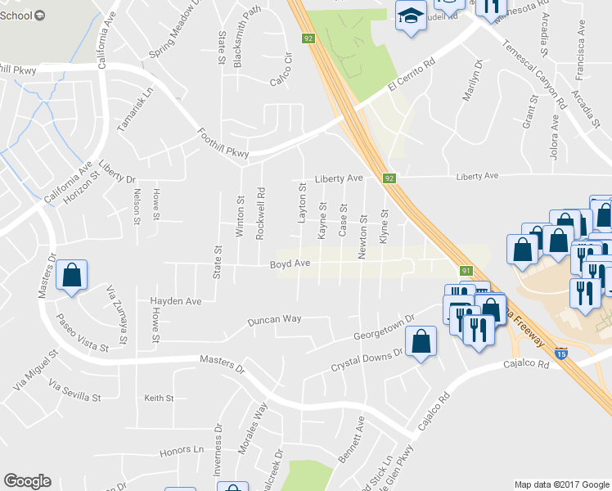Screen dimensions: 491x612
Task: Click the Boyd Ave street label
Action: (290, 264)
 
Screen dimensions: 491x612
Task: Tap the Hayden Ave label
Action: (175, 301)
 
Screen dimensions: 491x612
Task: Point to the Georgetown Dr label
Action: (380, 331)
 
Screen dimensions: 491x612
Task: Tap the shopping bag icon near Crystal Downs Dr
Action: (421, 344)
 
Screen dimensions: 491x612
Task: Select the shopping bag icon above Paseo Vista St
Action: (72, 277)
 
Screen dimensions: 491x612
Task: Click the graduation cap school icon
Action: (411, 16)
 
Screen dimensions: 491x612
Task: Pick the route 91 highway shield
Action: (466, 271)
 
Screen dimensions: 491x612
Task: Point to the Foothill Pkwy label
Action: (222, 143)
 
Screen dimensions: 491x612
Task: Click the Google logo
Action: (27, 481)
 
